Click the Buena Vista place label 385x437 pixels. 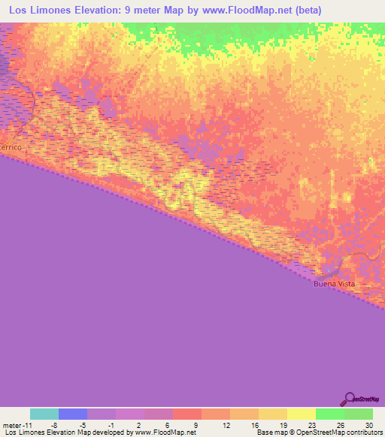pyautogui.click(x=333, y=284)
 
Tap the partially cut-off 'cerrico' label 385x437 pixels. pyautogui.click(x=11, y=148)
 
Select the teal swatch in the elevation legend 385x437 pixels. pyautogui.click(x=44, y=414)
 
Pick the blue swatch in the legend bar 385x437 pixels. pyautogui.click(x=73, y=414)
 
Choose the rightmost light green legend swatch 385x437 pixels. pyautogui.click(x=359, y=414)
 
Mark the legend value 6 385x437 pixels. pyautogui.click(x=166, y=424)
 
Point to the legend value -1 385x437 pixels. pyautogui.click(x=109, y=424)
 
